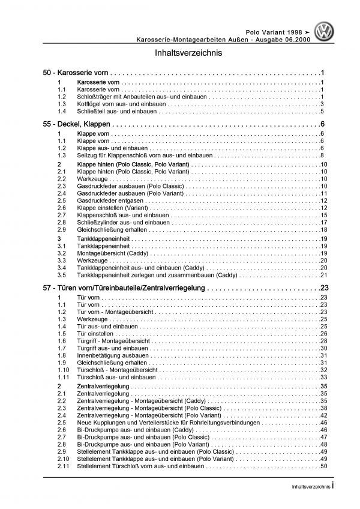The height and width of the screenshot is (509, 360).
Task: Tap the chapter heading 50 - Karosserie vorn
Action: (73, 71)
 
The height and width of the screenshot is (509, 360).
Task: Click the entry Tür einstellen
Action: (95, 333)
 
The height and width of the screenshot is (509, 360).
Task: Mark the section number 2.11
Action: (62, 466)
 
